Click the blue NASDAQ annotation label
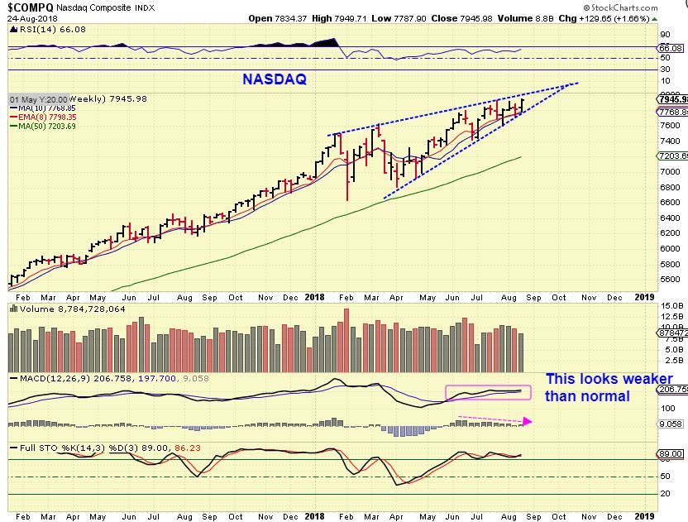point(274,79)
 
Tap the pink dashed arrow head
point(527,421)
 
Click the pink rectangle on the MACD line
point(488,392)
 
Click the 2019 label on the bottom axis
point(645,296)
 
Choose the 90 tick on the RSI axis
point(664,35)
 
